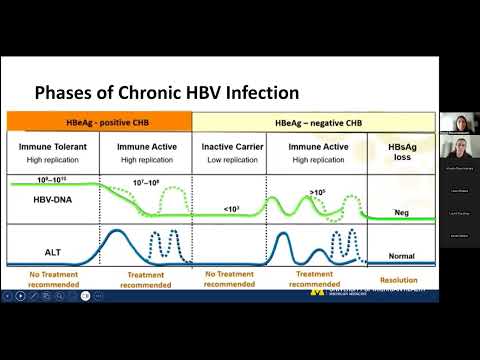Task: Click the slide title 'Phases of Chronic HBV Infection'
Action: click(x=167, y=93)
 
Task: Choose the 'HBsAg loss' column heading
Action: click(x=403, y=152)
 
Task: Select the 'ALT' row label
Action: click(x=41, y=250)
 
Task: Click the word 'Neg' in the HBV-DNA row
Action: click(x=402, y=212)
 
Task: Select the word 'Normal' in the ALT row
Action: click(x=402, y=256)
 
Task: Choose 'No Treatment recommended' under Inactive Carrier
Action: click(x=229, y=278)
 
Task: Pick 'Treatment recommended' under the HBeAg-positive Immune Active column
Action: click(x=147, y=278)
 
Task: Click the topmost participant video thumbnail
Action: click(x=459, y=122)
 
